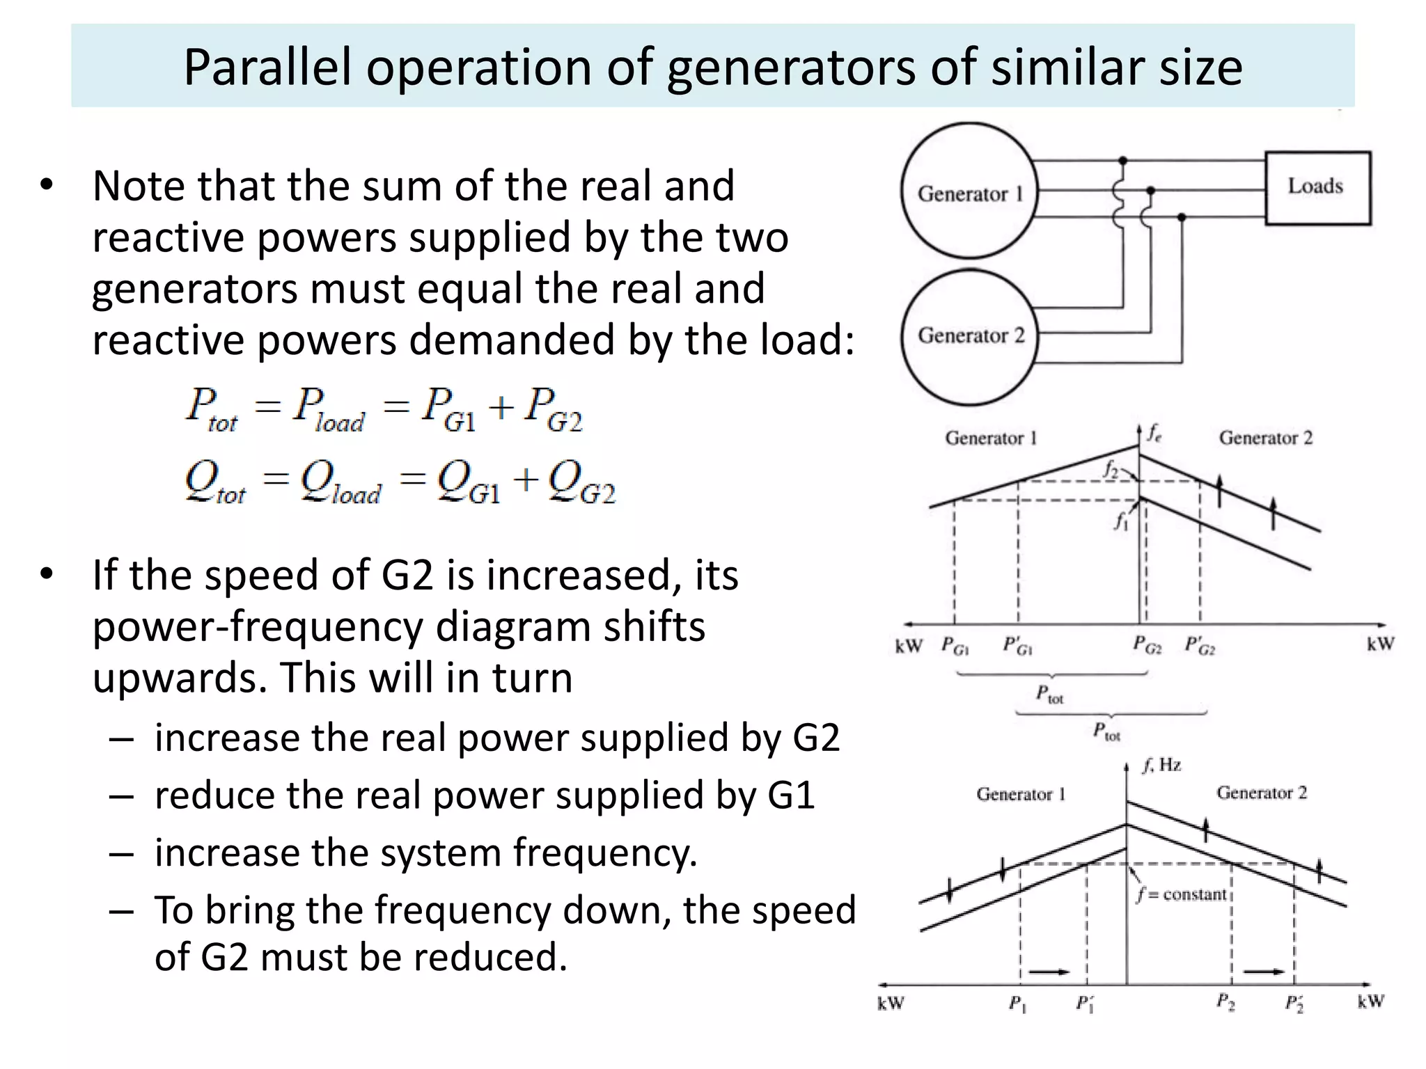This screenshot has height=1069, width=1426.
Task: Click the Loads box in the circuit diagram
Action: point(1317,188)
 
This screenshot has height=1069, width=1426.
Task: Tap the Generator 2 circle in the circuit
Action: point(969,337)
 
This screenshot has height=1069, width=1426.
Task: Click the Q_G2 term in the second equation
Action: point(581,482)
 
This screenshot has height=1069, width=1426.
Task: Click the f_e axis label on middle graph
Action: point(1154,433)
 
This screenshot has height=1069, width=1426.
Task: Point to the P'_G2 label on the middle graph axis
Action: point(1200,646)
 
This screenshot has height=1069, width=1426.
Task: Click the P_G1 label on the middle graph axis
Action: point(955,646)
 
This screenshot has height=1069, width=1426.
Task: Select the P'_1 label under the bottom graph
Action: point(1085,1004)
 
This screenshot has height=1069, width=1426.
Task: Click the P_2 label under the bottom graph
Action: point(1225,1002)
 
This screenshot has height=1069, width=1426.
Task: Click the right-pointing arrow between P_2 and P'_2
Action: point(1264,972)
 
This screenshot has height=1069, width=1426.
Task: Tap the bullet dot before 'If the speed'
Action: point(47,574)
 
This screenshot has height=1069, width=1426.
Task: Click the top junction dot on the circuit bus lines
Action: point(1122,161)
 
